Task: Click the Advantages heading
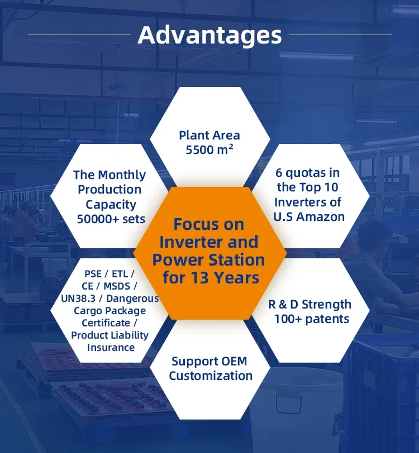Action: click(209, 36)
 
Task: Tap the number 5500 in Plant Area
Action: click(198, 150)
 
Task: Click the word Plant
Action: click(193, 135)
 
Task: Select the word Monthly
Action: click(122, 175)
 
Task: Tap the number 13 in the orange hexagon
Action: click(199, 278)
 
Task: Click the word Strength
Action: click(326, 305)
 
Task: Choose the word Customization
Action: click(211, 376)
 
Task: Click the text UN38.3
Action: click(78, 298)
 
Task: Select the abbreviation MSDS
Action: click(117, 286)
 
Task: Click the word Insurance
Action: click(111, 348)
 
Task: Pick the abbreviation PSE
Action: click(93, 273)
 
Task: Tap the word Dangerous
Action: click(132, 298)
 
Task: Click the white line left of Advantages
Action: click(79, 35)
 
